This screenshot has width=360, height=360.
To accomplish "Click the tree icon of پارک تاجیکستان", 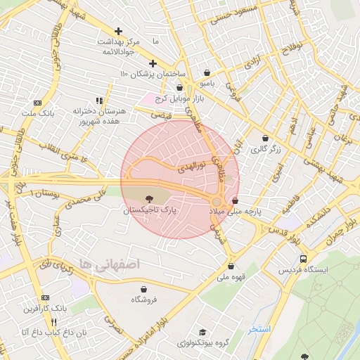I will (148, 199).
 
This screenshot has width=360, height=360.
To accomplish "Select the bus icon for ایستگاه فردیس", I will (303, 259).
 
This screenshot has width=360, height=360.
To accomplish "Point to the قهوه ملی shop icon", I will (231, 266).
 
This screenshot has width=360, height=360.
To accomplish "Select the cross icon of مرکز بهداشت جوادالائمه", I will (118, 31).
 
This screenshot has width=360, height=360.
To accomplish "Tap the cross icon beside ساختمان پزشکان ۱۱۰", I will (153, 63).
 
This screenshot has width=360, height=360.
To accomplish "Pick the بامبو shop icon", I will (207, 72).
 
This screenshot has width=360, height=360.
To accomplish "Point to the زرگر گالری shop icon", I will (265, 138).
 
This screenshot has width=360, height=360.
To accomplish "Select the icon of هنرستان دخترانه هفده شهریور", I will (99, 101).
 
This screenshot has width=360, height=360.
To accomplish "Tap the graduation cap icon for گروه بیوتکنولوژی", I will (202, 332).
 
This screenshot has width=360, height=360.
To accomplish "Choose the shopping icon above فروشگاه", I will (144, 289).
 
